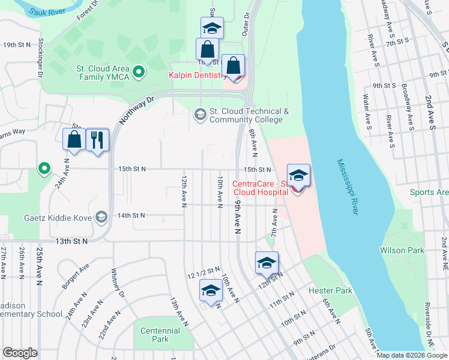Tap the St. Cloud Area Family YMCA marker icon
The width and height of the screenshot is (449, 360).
coord(139,73)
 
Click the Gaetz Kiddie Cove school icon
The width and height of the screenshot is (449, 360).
coord(101,217)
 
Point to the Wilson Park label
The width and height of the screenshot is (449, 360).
coord(402,250)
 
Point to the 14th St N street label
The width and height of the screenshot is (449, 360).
coord(132,215)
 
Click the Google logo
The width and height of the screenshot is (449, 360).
coord(20,353)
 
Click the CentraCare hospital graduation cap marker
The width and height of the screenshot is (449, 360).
coord(298,175)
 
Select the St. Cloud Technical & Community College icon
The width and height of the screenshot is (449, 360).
coord(199,113)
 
